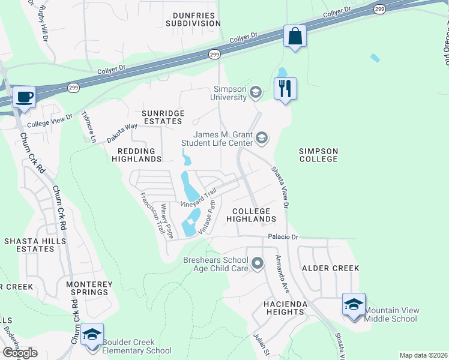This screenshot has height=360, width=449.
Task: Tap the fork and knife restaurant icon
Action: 285,89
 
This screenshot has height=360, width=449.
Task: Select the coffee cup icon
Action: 24,97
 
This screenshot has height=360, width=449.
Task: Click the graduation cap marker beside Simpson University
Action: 256,92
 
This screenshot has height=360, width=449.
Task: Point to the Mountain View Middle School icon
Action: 354,304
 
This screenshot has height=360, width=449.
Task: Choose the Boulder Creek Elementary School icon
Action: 91,334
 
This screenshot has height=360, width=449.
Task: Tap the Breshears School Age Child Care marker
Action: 258,263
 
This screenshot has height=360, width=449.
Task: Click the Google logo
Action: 20,353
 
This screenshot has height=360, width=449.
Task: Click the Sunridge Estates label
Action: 161,117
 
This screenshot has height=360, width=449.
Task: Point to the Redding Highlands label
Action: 137,154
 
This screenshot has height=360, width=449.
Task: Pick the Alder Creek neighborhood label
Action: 330,268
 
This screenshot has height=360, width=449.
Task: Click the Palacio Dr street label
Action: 283,237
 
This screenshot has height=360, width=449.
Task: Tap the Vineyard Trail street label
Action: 198,197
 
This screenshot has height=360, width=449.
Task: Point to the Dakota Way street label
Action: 123,132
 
